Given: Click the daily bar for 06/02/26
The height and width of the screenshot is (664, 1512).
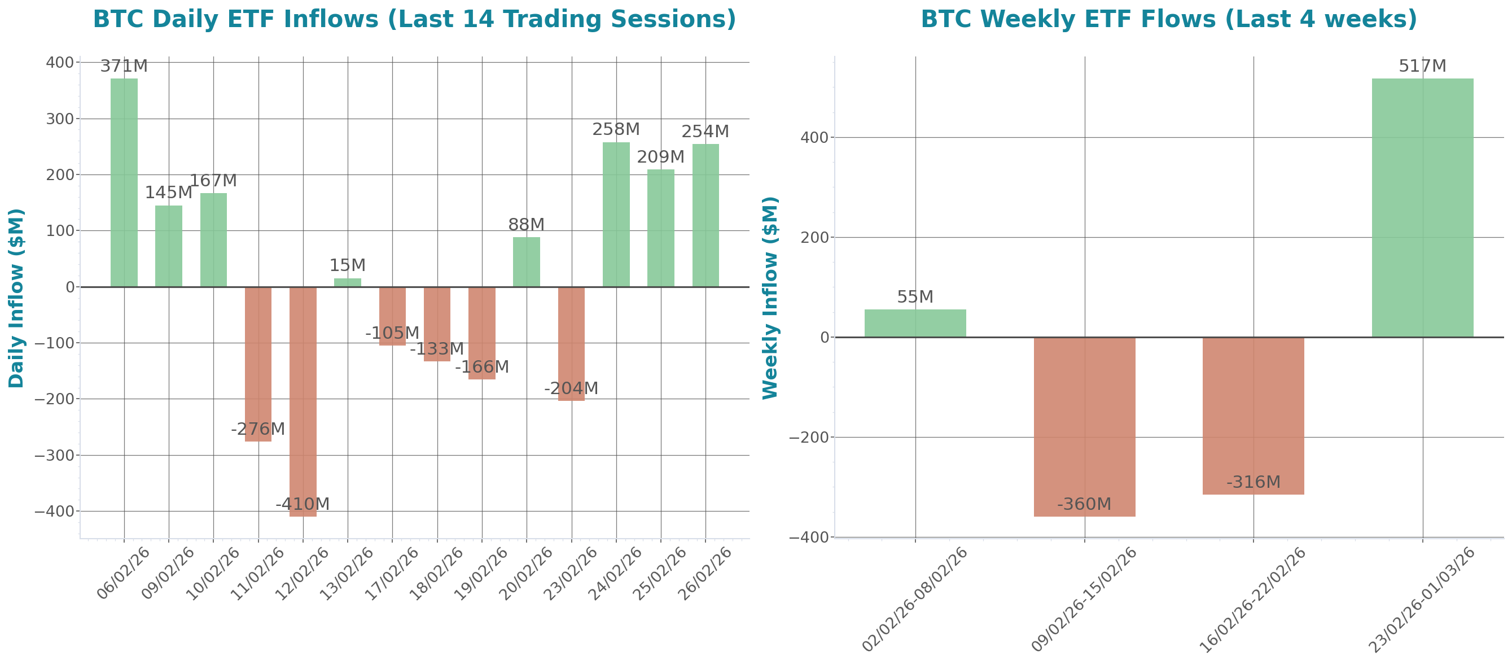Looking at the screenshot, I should (x=124, y=182).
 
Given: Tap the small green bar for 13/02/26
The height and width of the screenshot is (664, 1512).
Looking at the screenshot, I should (x=348, y=282).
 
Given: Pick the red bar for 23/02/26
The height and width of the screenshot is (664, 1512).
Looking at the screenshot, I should (x=571, y=344).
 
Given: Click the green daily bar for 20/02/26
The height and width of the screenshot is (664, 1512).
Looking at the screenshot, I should (x=527, y=262).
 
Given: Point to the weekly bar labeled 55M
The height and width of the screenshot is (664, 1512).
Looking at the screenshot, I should (x=915, y=323).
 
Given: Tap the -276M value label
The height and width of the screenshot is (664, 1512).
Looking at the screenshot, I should (x=258, y=429).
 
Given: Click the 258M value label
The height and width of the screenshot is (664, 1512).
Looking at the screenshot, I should (x=616, y=129).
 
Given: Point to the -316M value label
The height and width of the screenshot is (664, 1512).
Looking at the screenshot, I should (x=1253, y=482).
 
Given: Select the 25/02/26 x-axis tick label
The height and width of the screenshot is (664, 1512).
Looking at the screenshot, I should (x=660, y=573).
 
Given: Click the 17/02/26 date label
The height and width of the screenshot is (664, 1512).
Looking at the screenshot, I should (x=392, y=573).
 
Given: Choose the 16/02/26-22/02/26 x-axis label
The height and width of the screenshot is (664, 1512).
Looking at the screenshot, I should (x=1252, y=600).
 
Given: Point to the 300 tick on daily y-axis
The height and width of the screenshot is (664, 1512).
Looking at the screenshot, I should (x=60, y=119).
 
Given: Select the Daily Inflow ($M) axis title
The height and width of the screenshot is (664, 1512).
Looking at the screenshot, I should (x=16, y=298).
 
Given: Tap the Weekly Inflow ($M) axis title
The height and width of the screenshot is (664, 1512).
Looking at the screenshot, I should (x=770, y=298).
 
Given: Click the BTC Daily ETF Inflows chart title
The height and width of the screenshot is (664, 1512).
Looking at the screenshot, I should (x=414, y=19).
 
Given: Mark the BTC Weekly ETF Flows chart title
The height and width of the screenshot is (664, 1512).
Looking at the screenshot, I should (x=1169, y=19).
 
